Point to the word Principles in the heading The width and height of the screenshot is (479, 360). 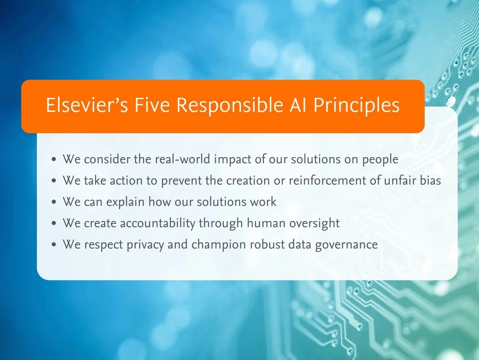[356, 105]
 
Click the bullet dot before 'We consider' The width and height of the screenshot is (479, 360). [54, 159]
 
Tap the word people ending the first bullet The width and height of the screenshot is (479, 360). [380, 159]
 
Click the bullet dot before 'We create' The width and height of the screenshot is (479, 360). [54, 223]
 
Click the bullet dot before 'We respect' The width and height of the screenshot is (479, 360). [54, 245]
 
